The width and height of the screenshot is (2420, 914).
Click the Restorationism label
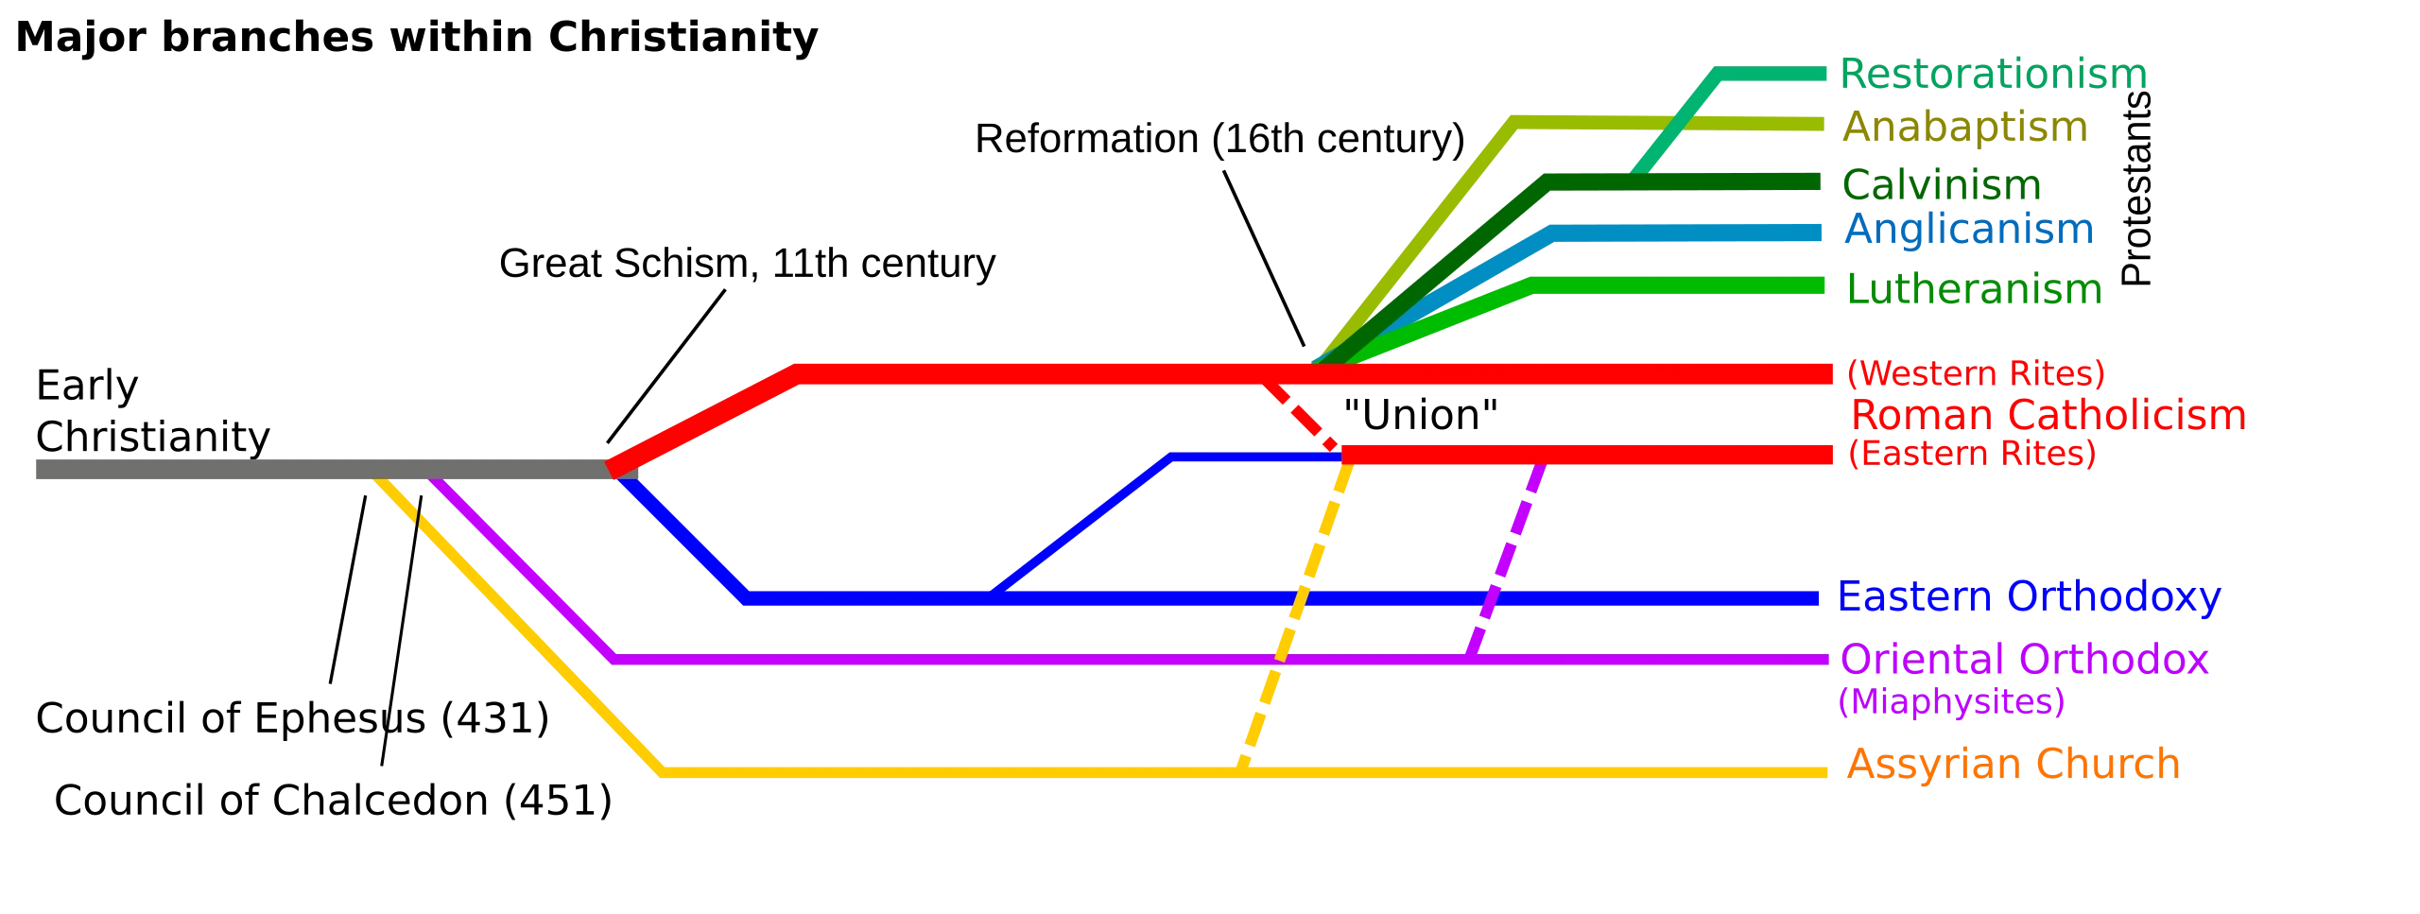coord(1993,74)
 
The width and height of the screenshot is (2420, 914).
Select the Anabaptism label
coord(1963,128)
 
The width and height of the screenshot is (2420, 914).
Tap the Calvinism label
coord(1942,185)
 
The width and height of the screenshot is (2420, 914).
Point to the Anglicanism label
coord(1968,232)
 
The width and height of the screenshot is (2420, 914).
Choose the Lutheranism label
coord(1973,290)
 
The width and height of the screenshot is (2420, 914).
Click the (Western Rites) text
coord(1976,373)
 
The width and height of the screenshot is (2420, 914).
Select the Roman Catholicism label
coord(2048,414)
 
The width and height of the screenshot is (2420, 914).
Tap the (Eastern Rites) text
coord(1971,455)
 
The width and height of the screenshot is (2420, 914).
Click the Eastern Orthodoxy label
coord(2029,597)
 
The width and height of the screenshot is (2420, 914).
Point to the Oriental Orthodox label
coord(2025,660)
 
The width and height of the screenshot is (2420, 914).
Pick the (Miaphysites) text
coord(1951,702)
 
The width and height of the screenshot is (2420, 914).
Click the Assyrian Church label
coord(2014,763)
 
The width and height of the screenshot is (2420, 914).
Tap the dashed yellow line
coord(1295,614)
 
